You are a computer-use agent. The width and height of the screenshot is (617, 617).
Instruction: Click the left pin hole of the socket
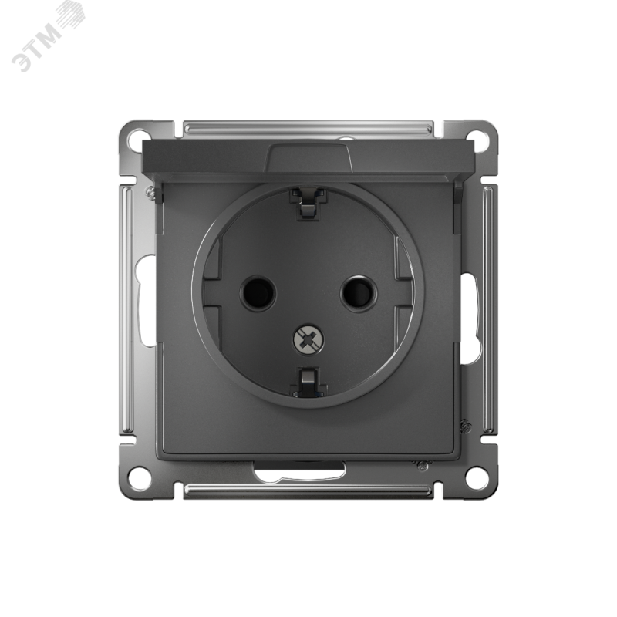coord(258,293)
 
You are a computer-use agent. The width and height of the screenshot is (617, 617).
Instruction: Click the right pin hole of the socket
coord(359,293)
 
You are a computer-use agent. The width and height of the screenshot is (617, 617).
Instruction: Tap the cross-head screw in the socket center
coord(309,339)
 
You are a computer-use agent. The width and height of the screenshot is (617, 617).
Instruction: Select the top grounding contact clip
coord(307,204)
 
